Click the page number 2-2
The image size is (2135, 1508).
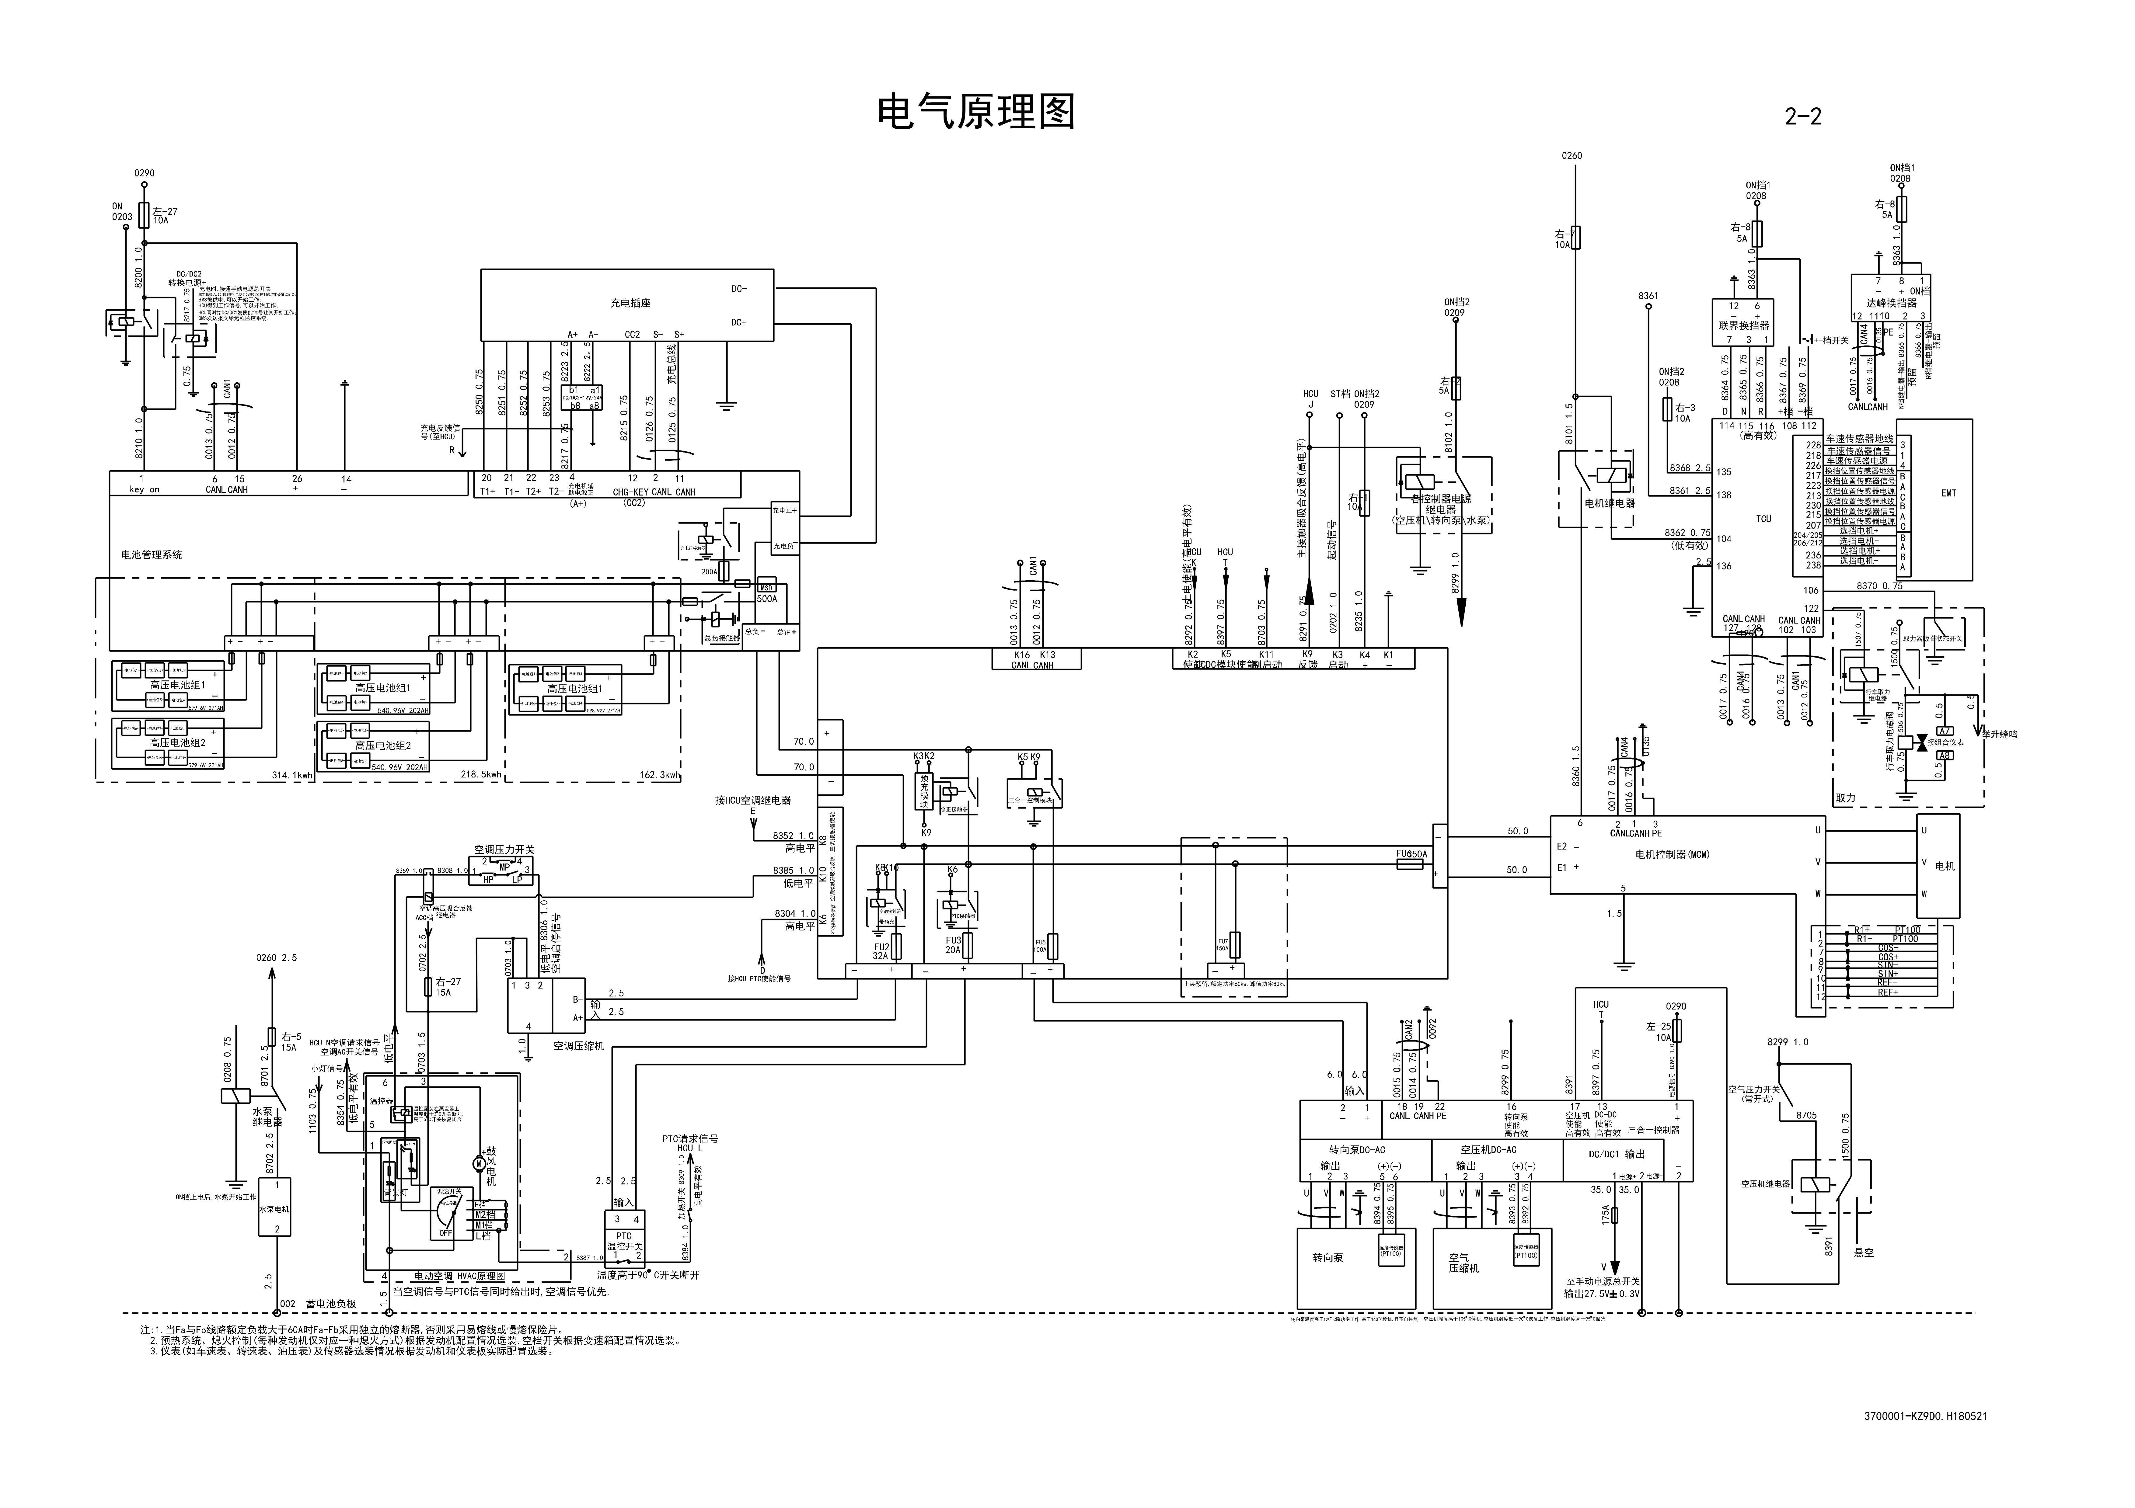coord(1802,116)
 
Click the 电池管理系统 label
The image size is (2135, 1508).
coord(152,555)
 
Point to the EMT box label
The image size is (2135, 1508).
coord(1948,493)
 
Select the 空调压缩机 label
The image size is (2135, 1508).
coord(578,1046)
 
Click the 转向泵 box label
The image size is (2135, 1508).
coord(1327,1258)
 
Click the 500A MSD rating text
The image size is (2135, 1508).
coord(766,599)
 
